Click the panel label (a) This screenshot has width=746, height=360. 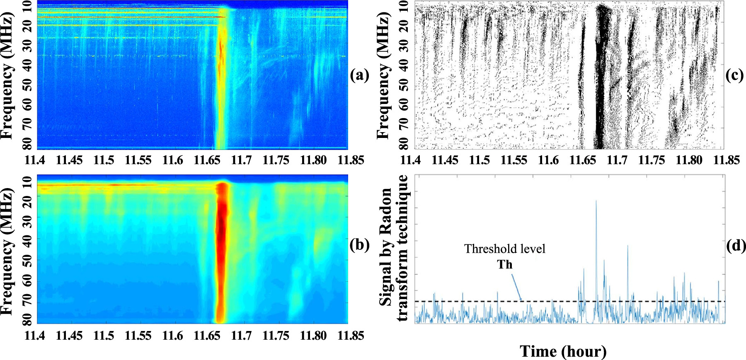(x=359, y=75)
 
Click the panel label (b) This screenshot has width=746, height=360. (x=359, y=245)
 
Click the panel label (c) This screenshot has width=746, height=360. (x=735, y=75)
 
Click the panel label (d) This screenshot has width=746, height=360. (x=736, y=246)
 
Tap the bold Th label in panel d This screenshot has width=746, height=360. (x=505, y=264)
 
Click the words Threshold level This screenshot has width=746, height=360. (x=504, y=249)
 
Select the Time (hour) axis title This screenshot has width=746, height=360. (x=563, y=351)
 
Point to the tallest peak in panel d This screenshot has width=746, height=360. (x=596, y=201)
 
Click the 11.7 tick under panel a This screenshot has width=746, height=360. (x=242, y=160)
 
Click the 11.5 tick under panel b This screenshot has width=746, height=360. (x=104, y=335)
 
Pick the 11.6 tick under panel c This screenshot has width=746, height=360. (x=548, y=160)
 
